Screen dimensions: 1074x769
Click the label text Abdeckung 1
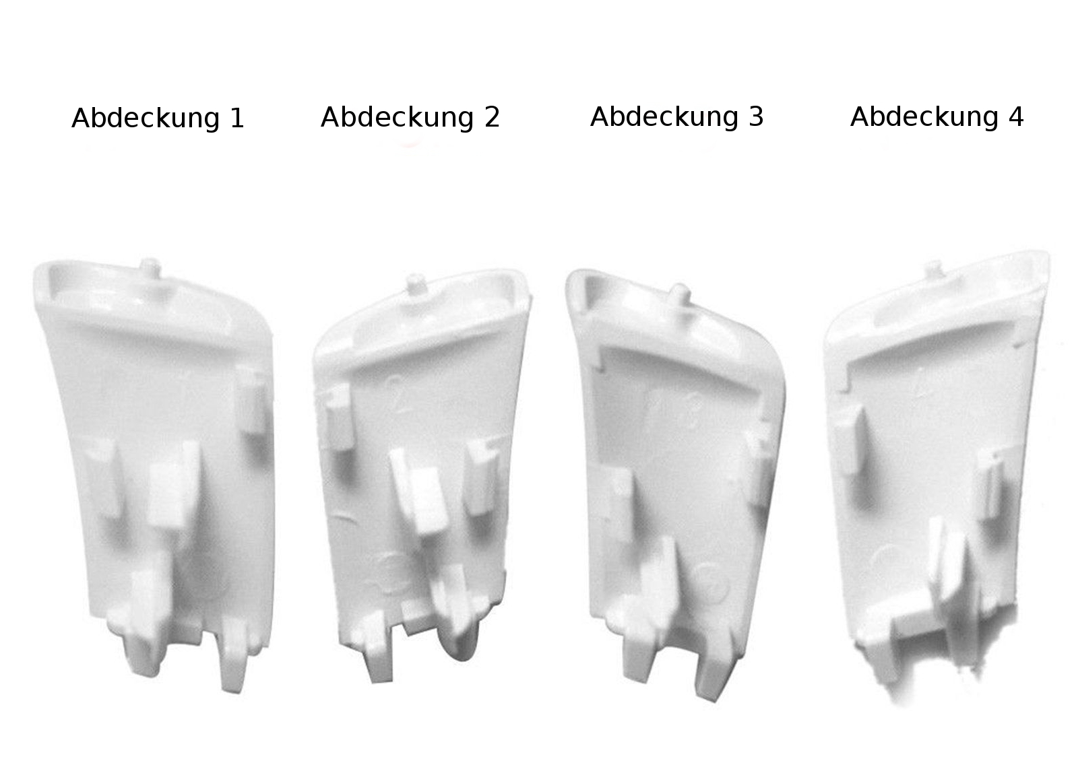click(158, 118)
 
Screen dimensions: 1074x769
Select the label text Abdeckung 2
click(410, 117)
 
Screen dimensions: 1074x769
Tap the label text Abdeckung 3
click(676, 116)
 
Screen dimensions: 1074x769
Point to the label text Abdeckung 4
click(937, 116)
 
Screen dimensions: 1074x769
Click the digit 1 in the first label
click(237, 118)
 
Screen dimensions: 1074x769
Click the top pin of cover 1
click(150, 267)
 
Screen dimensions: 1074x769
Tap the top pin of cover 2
click(416, 284)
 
